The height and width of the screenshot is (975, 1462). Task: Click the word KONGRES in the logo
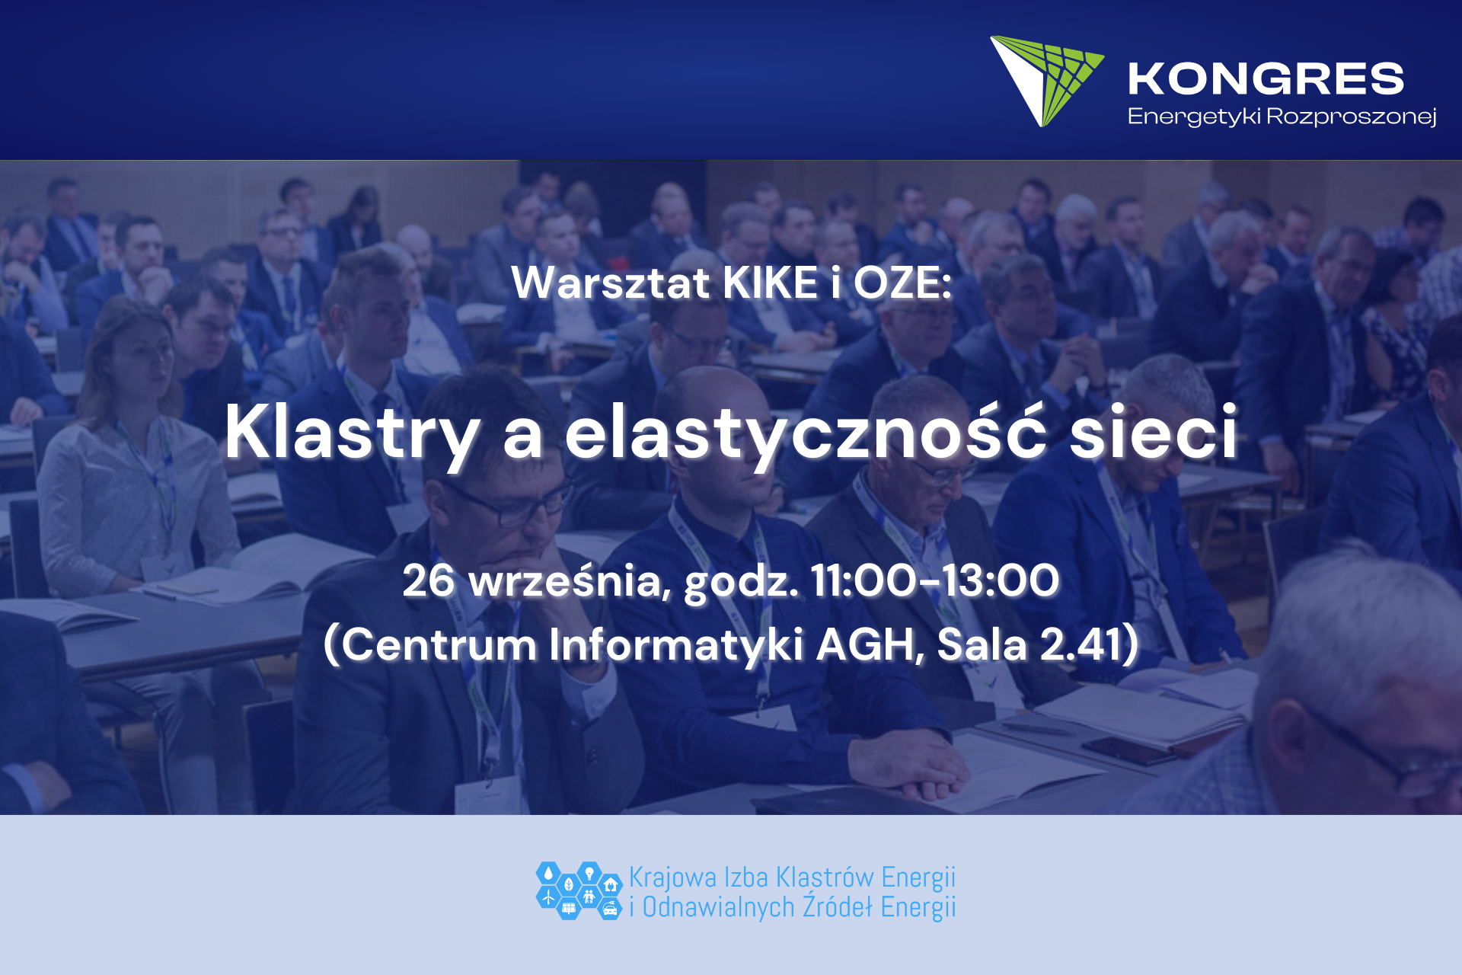tap(1266, 79)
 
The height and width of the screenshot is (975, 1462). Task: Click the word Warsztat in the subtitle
tap(611, 283)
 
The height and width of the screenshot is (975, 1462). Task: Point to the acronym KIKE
tap(771, 283)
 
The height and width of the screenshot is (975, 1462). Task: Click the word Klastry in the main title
tap(353, 432)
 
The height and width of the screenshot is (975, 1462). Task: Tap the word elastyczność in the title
tap(806, 432)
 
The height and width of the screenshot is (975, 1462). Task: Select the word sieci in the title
tap(1154, 432)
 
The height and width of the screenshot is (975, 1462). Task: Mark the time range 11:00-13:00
tap(935, 580)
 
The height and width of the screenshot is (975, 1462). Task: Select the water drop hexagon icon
tap(548, 873)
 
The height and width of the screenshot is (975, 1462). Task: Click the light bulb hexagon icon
tap(589, 873)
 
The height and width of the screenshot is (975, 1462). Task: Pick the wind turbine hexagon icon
tap(548, 897)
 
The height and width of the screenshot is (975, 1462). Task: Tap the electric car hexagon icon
tap(609, 908)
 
